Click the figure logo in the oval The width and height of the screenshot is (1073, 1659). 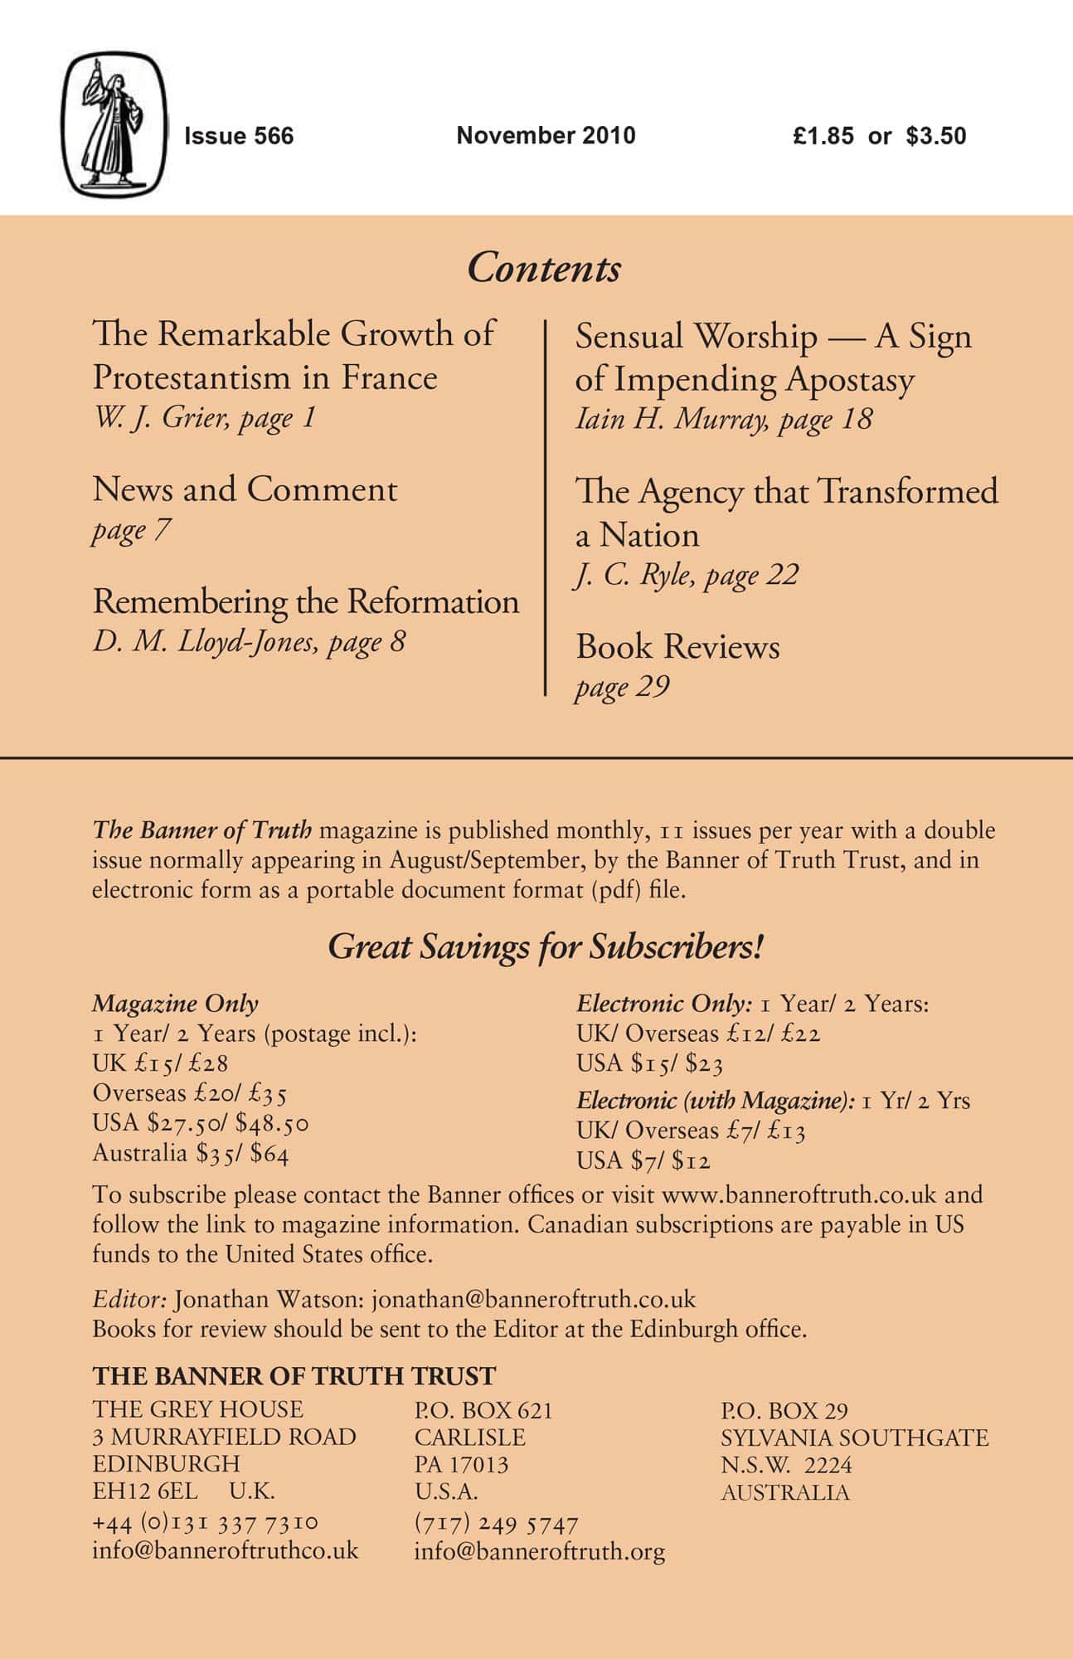[115, 125]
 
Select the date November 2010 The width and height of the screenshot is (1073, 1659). [546, 135]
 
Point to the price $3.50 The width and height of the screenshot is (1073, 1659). [936, 136]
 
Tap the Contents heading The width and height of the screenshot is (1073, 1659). [544, 268]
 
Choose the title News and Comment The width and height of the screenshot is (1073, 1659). [245, 489]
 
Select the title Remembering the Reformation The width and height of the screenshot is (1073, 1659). [306, 601]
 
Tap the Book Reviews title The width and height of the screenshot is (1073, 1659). [677, 647]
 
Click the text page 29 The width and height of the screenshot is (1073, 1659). [622, 687]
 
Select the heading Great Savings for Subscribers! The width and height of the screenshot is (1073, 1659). [545, 947]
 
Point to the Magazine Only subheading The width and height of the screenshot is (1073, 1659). [175, 1004]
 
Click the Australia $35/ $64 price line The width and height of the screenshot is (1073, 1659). [191, 1153]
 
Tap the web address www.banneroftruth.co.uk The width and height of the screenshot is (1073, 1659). [799, 1194]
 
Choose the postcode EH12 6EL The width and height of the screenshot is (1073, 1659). [145, 1491]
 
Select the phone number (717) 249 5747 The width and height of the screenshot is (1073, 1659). [496, 1524]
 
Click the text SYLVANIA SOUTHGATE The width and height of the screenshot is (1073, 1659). [854, 1438]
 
